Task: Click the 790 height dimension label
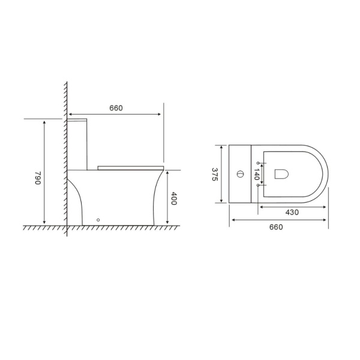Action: [x=37, y=178]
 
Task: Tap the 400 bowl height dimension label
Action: [x=174, y=199]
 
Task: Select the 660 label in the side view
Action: [x=116, y=108]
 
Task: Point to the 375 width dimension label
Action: [x=215, y=174]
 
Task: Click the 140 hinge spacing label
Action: [x=256, y=175]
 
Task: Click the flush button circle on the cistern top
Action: [x=240, y=175]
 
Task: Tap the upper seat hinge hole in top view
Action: [x=259, y=163]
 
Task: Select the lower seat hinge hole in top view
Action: [x=259, y=185]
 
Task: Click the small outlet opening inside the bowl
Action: [x=282, y=174]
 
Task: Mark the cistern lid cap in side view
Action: [x=78, y=121]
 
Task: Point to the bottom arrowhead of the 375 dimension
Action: [x=223, y=201]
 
